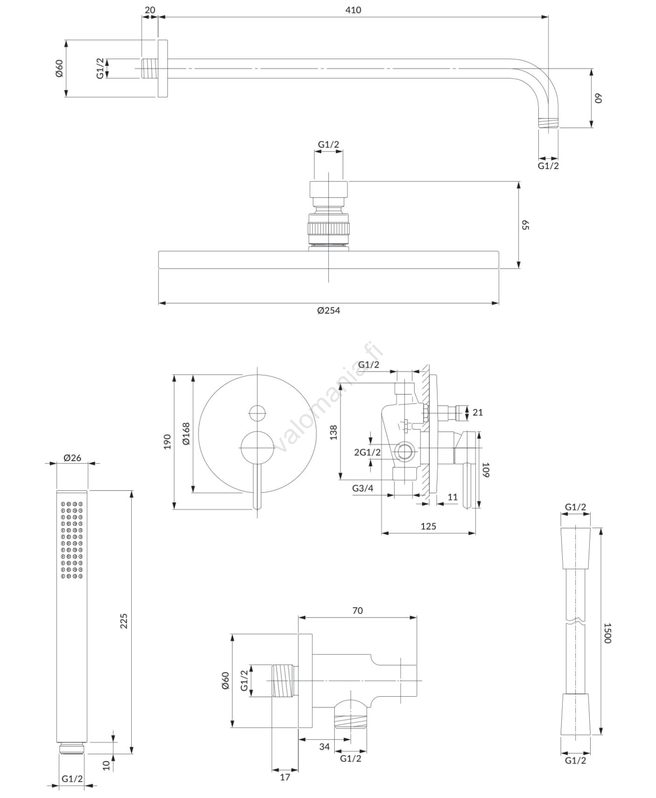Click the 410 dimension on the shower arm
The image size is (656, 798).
coord(353,10)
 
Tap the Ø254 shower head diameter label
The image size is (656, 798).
coord(328,310)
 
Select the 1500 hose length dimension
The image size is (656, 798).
coord(607,633)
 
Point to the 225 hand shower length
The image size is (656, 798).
coord(124,620)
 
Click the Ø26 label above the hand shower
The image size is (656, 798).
coord(73,457)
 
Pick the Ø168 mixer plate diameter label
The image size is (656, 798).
coord(186,433)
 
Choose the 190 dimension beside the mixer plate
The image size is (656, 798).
coord(167,441)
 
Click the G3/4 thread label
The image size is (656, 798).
coord(363,488)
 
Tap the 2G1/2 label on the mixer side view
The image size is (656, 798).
coord(367,452)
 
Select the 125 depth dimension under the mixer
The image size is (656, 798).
coord(428,526)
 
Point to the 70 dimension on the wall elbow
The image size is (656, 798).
coord(357,610)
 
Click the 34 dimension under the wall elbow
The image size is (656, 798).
coord(324,747)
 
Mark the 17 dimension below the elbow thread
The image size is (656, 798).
coord(285,777)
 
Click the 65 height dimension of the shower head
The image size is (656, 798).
coord(525,225)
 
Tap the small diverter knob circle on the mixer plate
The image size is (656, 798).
coord(257,413)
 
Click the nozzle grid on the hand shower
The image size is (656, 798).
coord(72,540)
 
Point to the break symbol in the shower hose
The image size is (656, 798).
coord(576,622)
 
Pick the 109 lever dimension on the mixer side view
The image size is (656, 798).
coord(486,470)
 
